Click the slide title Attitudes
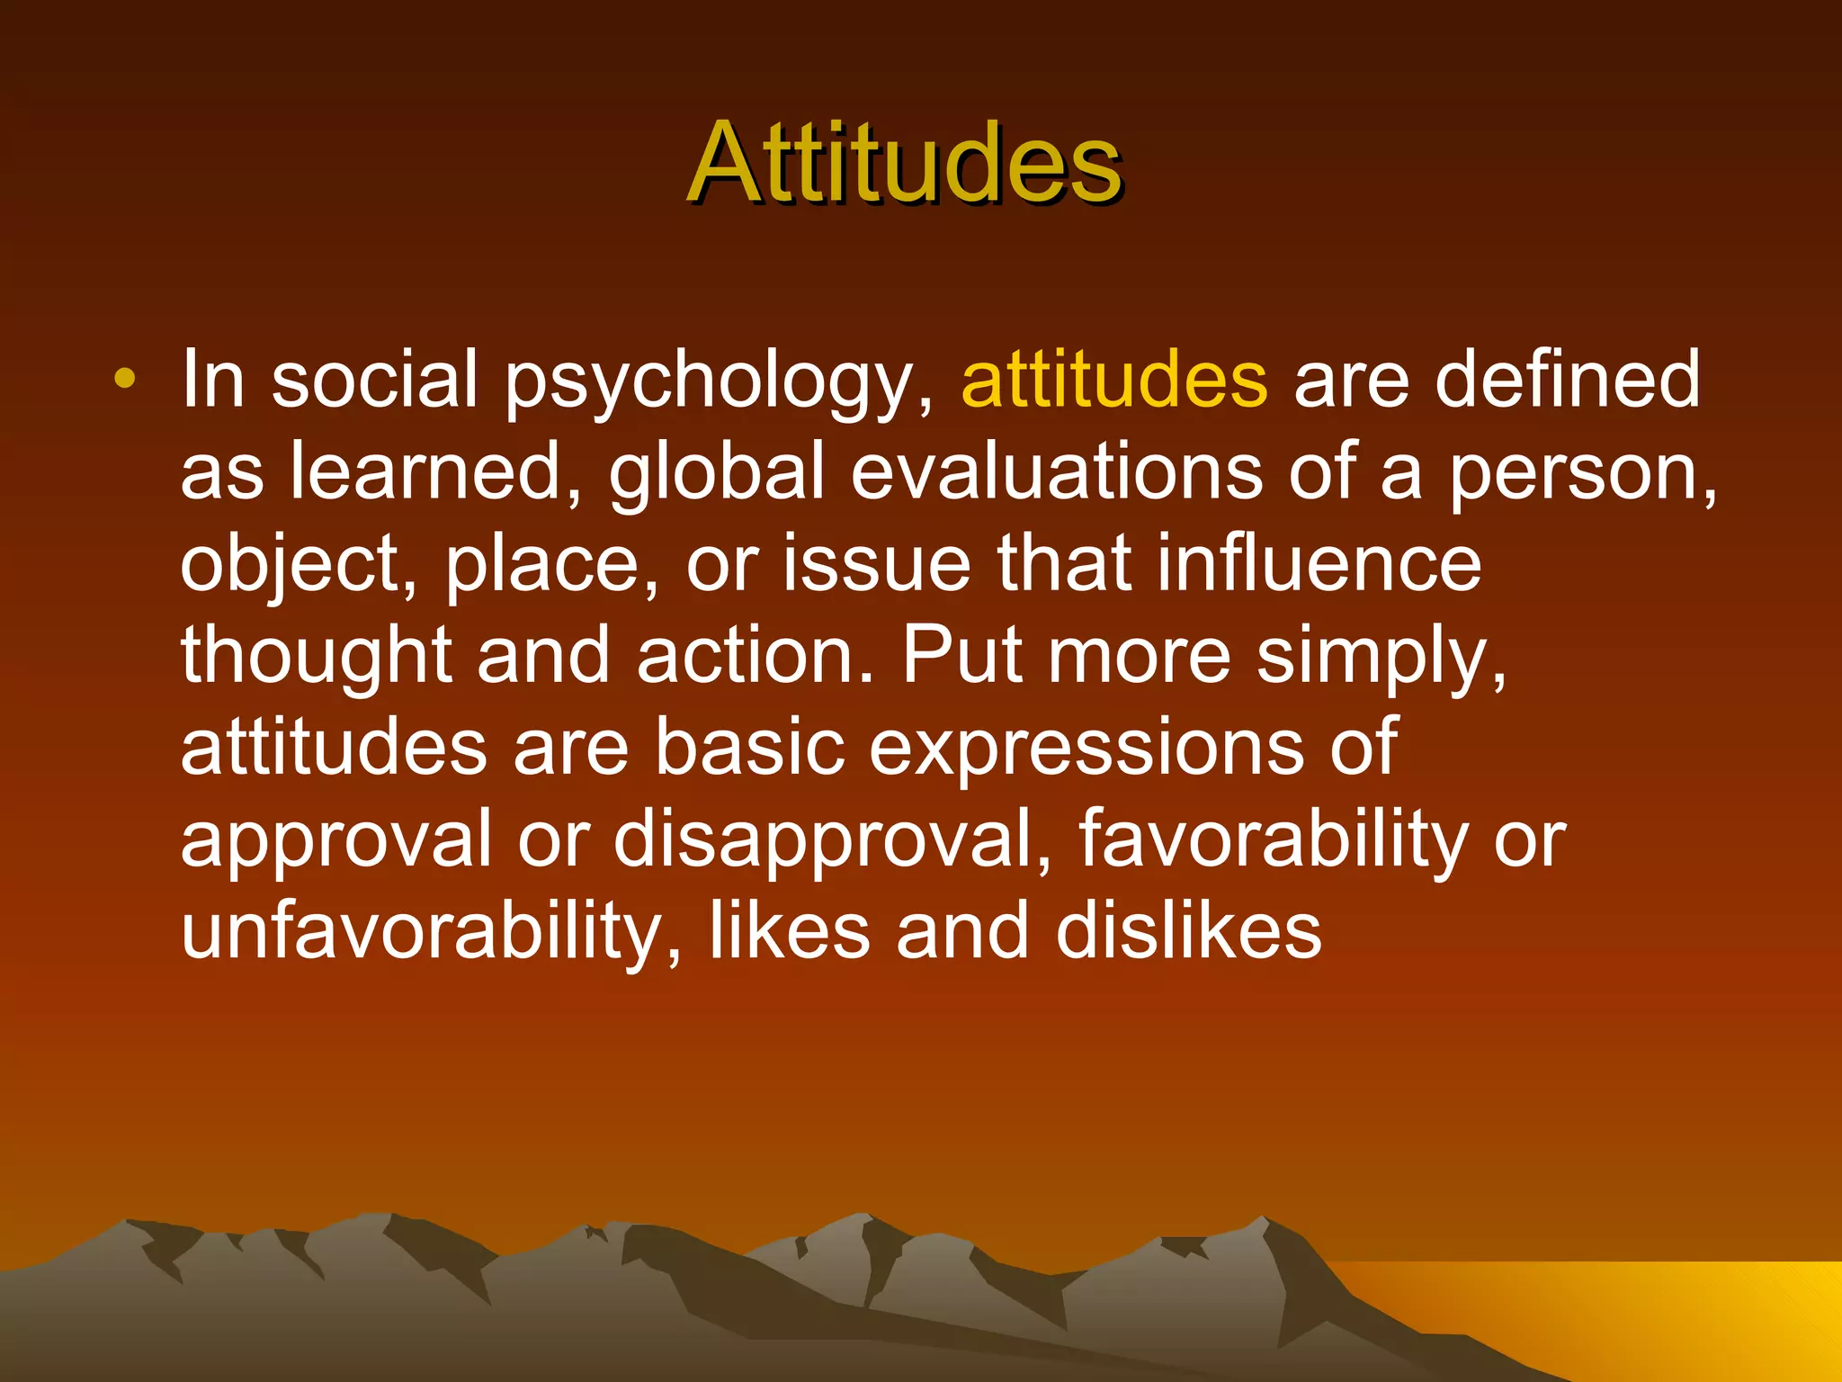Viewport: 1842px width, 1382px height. tap(904, 164)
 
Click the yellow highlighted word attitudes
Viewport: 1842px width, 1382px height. tap(1114, 380)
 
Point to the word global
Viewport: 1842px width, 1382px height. tap(717, 474)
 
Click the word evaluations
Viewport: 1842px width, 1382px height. tap(1056, 472)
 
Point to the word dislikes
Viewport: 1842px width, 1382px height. tap(1188, 932)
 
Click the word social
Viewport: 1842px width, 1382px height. tap(375, 380)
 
